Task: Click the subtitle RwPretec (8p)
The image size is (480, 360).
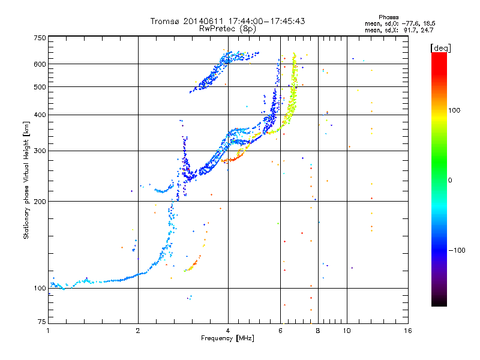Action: [227, 29]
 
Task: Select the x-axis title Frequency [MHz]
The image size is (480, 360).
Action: [227, 338]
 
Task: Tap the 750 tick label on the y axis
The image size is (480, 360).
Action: [40, 38]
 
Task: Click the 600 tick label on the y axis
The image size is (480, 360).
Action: [40, 64]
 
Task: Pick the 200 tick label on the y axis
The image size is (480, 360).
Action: [40, 202]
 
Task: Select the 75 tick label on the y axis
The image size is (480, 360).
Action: [42, 322]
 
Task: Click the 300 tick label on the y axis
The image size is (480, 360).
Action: [40, 151]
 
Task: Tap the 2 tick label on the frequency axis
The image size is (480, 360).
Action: [138, 331]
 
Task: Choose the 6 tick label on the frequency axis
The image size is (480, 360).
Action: [280, 331]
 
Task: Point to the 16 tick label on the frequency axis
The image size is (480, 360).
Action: [408, 331]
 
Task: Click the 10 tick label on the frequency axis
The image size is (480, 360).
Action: [347, 331]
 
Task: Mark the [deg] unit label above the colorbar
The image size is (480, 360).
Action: [440, 49]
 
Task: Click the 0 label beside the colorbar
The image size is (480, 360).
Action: [450, 181]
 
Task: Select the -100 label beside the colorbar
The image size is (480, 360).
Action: [457, 250]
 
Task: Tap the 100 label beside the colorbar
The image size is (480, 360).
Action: [454, 110]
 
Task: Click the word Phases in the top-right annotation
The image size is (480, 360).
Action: [388, 17]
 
